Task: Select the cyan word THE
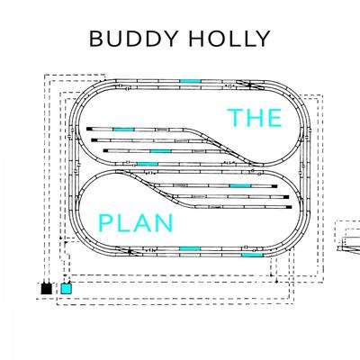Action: point(255,118)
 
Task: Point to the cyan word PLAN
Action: point(136,223)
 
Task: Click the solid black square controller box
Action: point(47,289)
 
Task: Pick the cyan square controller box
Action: point(67,289)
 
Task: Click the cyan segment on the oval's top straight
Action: point(190,81)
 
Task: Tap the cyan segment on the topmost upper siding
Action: point(123,130)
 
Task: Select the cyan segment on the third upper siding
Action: point(160,151)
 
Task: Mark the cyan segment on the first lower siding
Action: point(240,186)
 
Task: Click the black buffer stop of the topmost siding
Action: point(89,129)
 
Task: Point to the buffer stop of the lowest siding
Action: point(289,207)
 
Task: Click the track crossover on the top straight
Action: point(249,85)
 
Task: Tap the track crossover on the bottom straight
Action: point(129,251)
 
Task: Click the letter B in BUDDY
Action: point(96,39)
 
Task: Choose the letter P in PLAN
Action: point(105,223)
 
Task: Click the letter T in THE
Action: point(235,118)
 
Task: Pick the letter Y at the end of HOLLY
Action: point(263,39)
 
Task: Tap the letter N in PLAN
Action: point(166,223)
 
